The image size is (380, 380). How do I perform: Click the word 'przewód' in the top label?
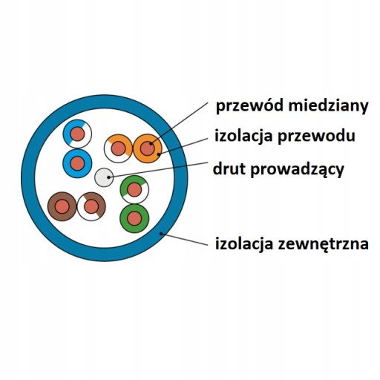249,106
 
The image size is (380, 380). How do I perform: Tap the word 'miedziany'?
328,105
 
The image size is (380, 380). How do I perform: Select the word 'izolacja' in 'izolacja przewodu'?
243,135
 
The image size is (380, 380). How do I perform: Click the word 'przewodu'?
316,136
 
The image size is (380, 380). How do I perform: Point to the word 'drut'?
229,168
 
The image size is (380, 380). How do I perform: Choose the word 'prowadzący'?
297,170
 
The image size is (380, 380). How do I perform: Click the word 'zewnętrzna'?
324,244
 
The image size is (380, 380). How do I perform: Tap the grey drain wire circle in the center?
104,177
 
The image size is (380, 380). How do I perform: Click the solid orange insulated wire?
148,148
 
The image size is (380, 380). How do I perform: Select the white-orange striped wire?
118,148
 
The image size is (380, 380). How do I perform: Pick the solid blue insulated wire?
77,163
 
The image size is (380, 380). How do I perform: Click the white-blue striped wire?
77,134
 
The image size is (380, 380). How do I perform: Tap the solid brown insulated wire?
62,206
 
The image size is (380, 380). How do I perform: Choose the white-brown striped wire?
91,206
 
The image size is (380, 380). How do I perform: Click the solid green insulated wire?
134,218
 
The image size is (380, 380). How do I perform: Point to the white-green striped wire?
134,190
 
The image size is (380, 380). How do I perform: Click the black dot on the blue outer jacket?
161,233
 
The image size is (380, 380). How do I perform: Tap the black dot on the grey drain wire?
108,177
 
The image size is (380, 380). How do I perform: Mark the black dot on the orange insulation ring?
159,154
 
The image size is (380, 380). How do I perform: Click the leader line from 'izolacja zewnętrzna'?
184,239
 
